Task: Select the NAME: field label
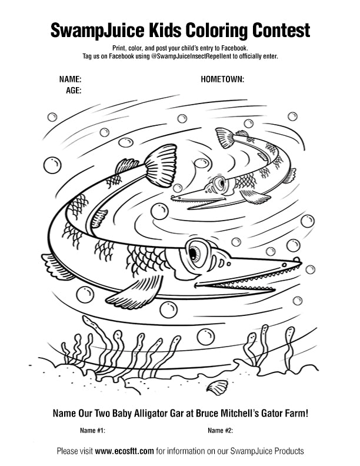[x=70, y=79]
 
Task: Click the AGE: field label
[x=73, y=91]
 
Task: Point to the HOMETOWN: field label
[x=222, y=79]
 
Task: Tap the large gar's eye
[x=194, y=252]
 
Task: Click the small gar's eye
[x=220, y=182]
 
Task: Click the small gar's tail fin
[x=225, y=138]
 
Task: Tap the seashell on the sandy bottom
[x=218, y=387]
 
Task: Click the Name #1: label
[x=92, y=431]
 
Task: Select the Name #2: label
[x=220, y=431]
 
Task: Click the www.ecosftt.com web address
[x=125, y=451]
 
